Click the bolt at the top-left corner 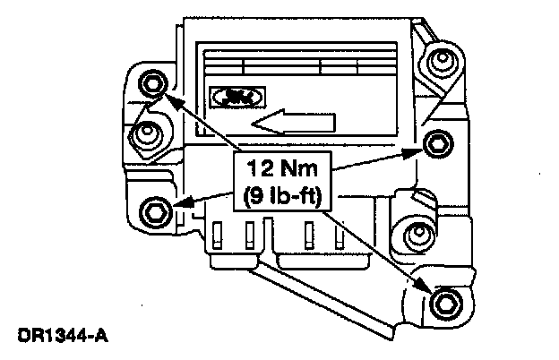pos(153,82)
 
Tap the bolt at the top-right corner pos(438,61)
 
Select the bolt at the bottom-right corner pos(443,301)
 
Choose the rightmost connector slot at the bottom pos(340,235)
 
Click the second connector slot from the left pos(252,235)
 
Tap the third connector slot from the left pos(309,235)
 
